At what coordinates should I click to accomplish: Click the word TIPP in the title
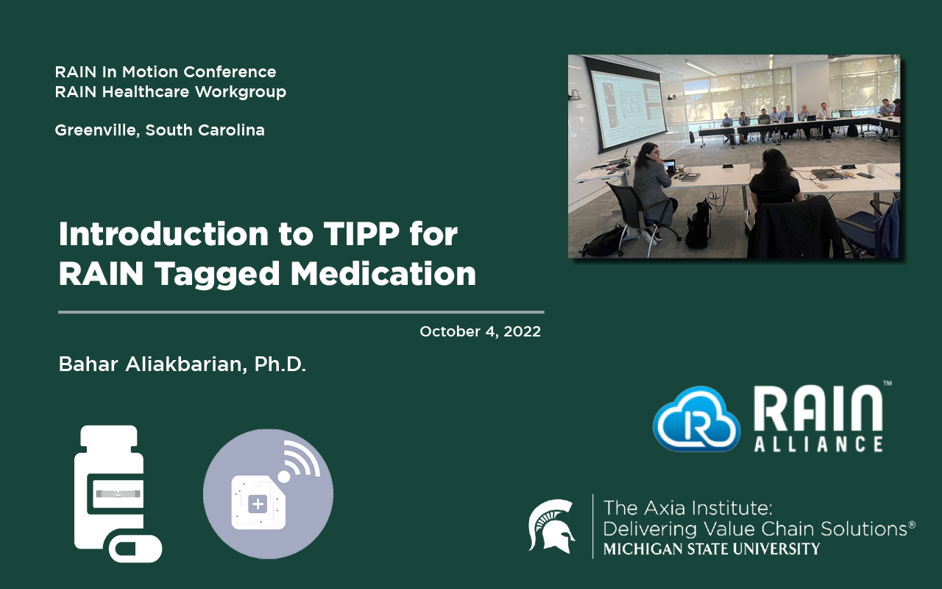pyautogui.click(x=361, y=234)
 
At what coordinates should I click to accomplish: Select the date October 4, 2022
pyautogui.click(x=481, y=331)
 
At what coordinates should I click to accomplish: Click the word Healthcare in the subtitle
pyautogui.click(x=146, y=92)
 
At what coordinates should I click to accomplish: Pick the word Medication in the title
pyautogui.click(x=383, y=275)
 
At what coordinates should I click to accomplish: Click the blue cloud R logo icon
pyautogui.click(x=696, y=419)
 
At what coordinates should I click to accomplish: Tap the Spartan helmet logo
pyautogui.click(x=552, y=526)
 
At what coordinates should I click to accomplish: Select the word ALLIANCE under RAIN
pyautogui.click(x=818, y=444)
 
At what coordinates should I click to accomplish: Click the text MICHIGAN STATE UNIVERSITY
pyautogui.click(x=712, y=549)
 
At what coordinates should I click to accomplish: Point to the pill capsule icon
pyautogui.click(x=135, y=549)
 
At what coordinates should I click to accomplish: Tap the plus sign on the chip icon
pyautogui.click(x=258, y=504)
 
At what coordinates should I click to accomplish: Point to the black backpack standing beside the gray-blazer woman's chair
pyautogui.click(x=698, y=225)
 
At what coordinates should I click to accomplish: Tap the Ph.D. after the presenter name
pyautogui.click(x=280, y=364)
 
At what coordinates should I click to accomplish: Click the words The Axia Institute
pyautogui.click(x=688, y=508)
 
